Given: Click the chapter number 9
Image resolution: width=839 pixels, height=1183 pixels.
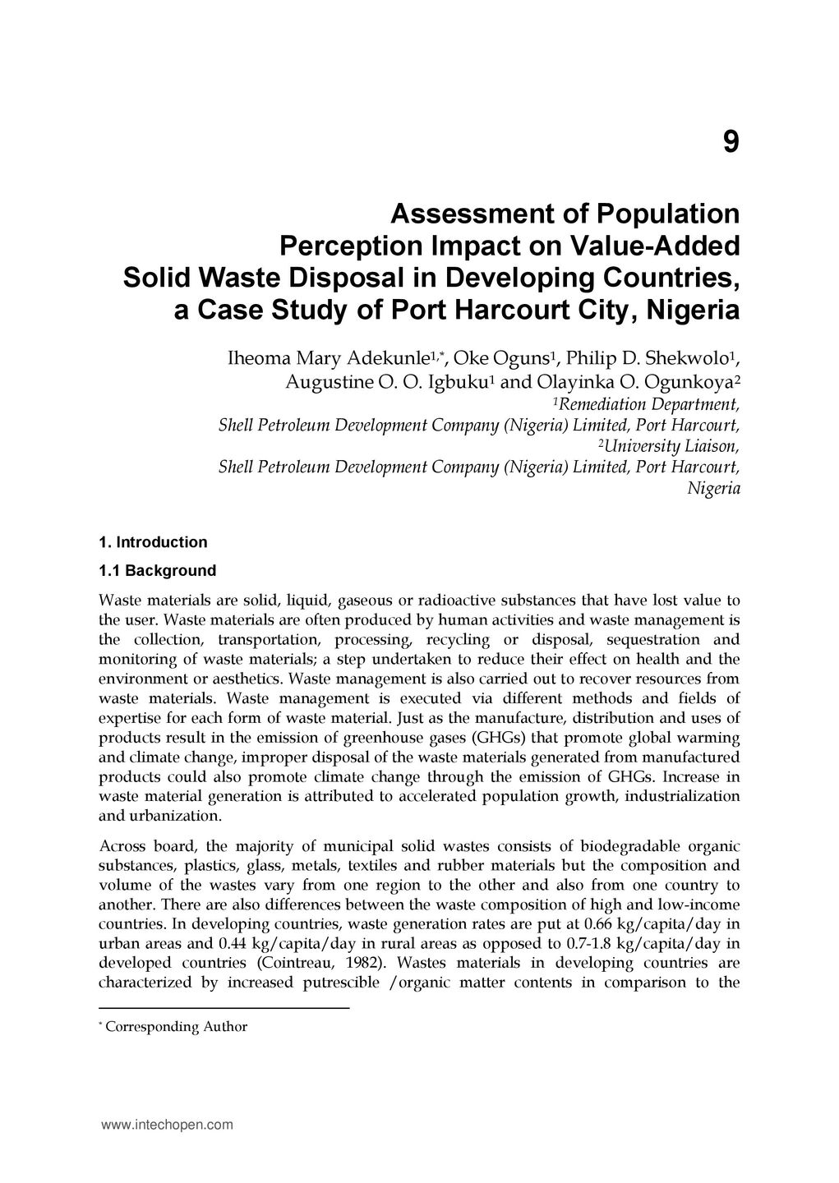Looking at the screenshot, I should [731, 143].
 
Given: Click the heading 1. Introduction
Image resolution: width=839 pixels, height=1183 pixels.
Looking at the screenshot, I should [153, 542].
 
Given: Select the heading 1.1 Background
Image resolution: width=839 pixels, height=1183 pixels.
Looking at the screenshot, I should [157, 571].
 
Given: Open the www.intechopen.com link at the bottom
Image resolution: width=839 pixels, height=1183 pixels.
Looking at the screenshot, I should [167, 1125].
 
